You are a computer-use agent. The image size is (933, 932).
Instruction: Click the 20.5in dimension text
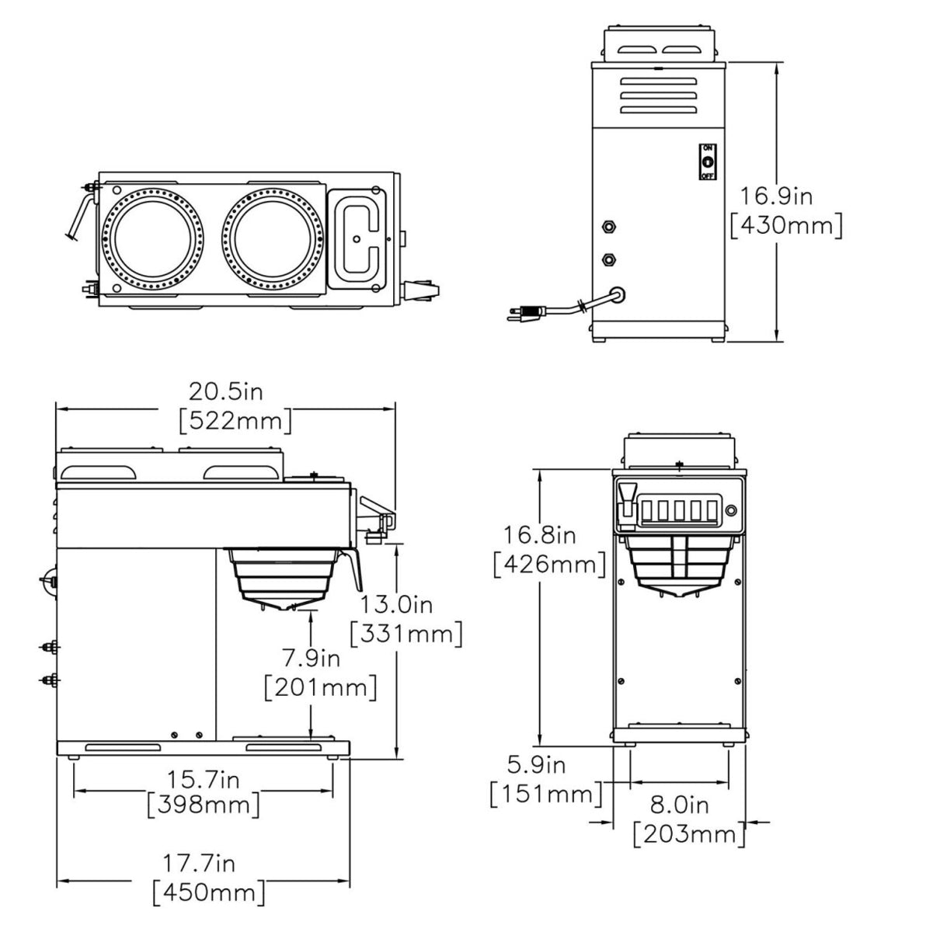[x=226, y=390]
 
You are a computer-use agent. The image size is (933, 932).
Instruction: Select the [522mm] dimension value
[x=235, y=421]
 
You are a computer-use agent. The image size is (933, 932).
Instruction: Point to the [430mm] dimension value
[x=786, y=225]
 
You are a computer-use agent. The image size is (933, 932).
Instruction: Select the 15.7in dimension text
[x=204, y=777]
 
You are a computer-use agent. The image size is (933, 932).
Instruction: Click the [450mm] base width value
[x=209, y=892]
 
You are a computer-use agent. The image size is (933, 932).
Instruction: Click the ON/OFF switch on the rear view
[x=707, y=162]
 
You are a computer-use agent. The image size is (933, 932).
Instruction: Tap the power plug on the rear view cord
[x=521, y=315]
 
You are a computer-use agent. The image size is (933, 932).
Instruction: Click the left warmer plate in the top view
[x=149, y=235]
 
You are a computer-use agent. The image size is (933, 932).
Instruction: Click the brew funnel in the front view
[x=680, y=563]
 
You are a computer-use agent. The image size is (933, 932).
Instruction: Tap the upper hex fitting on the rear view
[x=609, y=227]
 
